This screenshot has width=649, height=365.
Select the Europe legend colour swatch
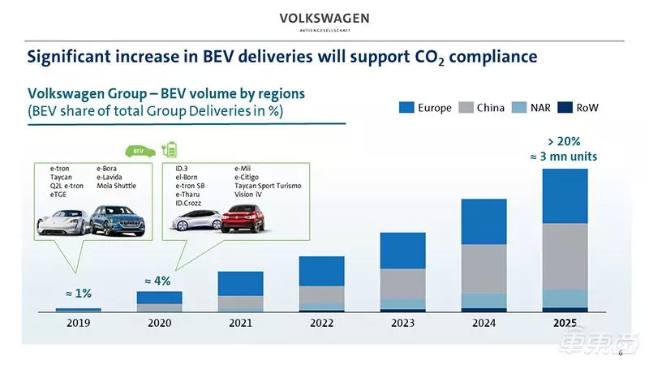click(406, 107)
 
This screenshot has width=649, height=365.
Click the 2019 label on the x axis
click(79, 323)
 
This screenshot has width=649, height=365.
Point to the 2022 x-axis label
click(322, 323)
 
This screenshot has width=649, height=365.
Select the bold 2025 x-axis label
click(565, 323)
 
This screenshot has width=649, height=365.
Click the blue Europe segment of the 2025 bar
click(565, 195)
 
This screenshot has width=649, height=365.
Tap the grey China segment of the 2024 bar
click(484, 268)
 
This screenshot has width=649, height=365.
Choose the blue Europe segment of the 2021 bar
click(241, 283)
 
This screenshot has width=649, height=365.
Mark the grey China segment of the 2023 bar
click(403, 284)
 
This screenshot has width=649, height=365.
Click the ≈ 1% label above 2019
click(78, 294)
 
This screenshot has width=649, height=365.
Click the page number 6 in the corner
click(621, 353)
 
